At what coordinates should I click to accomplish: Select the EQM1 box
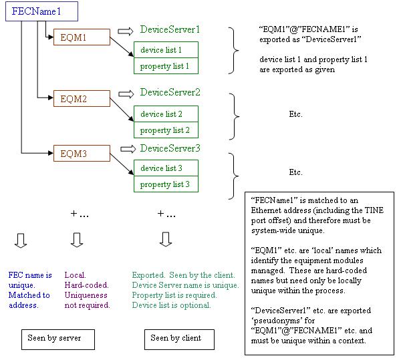[x=80, y=38]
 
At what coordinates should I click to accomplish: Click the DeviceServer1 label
[x=170, y=30]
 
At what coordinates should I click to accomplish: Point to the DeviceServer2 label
[x=170, y=92]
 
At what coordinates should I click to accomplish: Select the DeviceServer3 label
[x=170, y=148]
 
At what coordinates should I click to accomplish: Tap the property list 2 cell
[x=166, y=130]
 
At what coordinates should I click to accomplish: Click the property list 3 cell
[x=166, y=184]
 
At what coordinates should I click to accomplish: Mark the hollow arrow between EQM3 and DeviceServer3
[x=128, y=148]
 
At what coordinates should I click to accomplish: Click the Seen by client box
[x=173, y=338]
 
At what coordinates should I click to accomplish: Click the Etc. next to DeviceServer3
[x=295, y=172]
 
